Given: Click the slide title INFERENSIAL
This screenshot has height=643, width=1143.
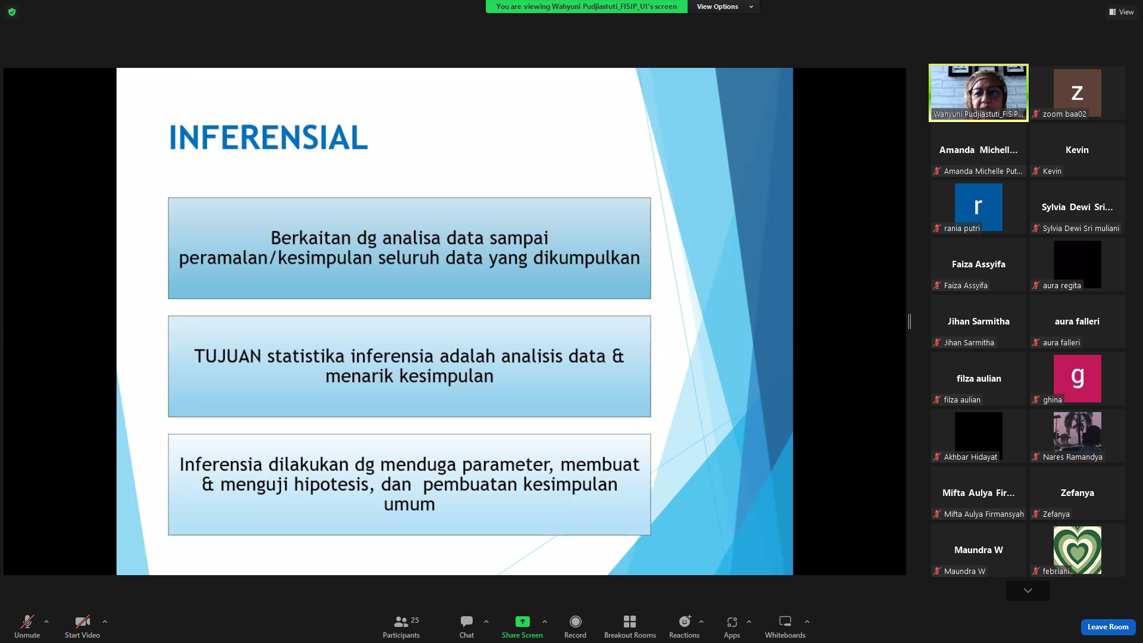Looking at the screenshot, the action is pyautogui.click(x=268, y=138).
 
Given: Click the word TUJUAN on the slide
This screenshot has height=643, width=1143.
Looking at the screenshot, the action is pyautogui.click(x=227, y=356).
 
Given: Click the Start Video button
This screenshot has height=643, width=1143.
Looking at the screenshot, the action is pyautogui.click(x=82, y=627).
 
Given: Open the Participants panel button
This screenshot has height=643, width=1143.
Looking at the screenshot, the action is pyautogui.click(x=401, y=627).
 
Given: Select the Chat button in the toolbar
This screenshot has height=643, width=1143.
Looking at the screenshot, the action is pyautogui.click(x=467, y=627).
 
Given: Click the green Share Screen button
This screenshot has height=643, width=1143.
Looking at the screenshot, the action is pyautogui.click(x=522, y=627).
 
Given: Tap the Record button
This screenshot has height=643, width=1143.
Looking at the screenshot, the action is pyautogui.click(x=575, y=627).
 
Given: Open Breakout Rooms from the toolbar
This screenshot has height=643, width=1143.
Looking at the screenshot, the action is pyautogui.click(x=630, y=627).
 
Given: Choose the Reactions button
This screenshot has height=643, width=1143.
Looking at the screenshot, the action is pyautogui.click(x=684, y=627).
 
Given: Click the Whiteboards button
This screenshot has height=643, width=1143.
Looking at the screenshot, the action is pyautogui.click(x=785, y=627).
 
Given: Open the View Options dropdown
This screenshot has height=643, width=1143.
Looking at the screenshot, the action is pyautogui.click(x=724, y=7).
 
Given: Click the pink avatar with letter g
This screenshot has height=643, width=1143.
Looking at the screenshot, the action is pyautogui.click(x=1077, y=379).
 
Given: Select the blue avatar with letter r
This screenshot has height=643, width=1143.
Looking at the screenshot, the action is pyautogui.click(x=978, y=207).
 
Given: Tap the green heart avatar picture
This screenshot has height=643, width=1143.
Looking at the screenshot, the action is pyautogui.click(x=1077, y=550).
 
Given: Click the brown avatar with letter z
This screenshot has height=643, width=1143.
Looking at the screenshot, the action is pyautogui.click(x=1077, y=93).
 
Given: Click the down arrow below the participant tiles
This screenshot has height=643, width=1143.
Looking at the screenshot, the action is pyautogui.click(x=1028, y=591).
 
